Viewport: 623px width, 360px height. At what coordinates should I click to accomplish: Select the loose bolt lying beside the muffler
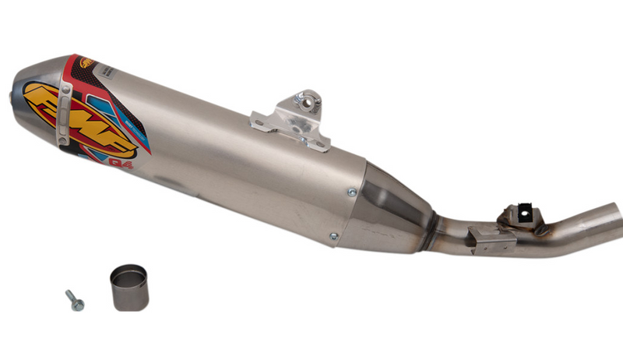(75, 300)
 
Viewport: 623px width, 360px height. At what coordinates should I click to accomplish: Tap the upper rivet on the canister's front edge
(352, 191)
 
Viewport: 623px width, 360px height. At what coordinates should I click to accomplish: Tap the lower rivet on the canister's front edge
(333, 236)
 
